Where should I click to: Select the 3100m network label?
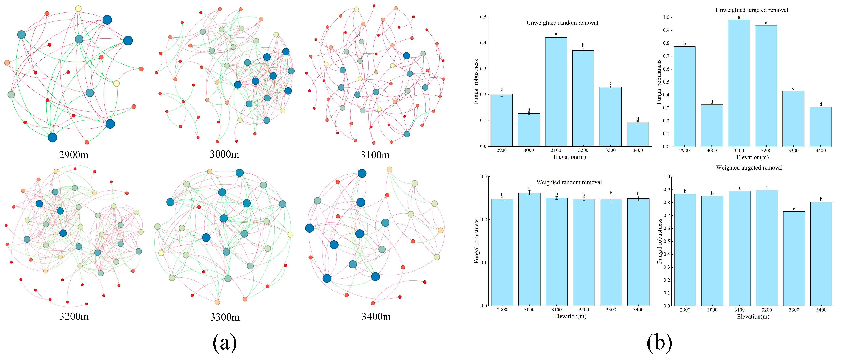tap(375, 155)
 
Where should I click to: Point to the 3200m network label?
tap(74, 316)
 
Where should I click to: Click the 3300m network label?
tap(225, 317)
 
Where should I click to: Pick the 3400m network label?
tap(376, 317)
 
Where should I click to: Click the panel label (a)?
tap(225, 343)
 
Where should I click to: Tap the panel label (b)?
tap(659, 343)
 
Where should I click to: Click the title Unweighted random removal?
tap(562, 23)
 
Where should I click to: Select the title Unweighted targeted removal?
tap(752, 10)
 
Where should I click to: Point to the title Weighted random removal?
tap(569, 182)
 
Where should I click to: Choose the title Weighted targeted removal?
tap(749, 168)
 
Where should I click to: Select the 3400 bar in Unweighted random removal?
tap(638, 134)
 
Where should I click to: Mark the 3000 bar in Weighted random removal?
tap(529, 249)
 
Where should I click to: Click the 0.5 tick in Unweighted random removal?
tap(483, 17)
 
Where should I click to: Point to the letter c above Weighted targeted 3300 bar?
tap(794, 209)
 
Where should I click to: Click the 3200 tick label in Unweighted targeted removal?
tap(766, 151)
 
